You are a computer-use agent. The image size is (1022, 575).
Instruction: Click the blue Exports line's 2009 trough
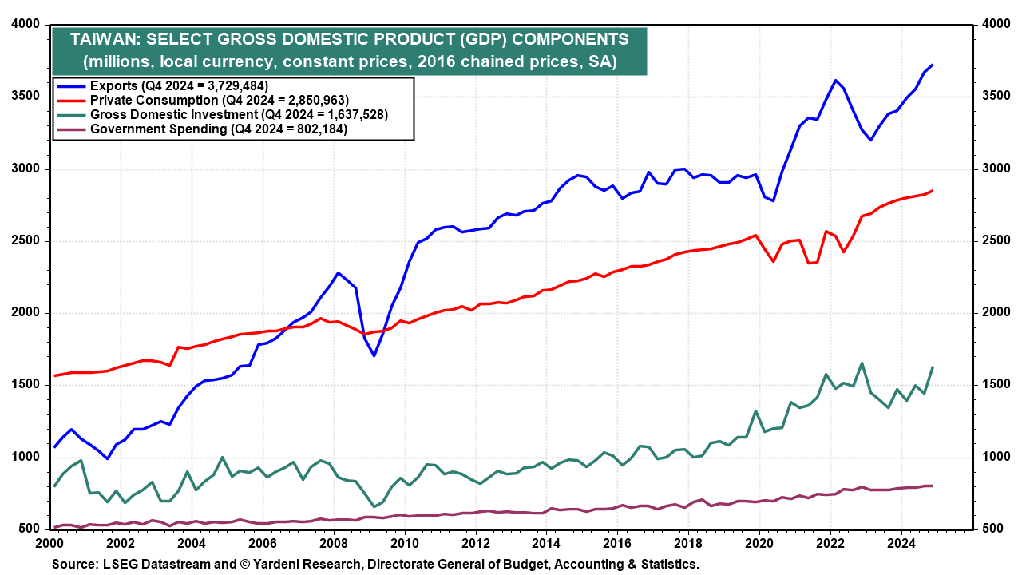[374, 355]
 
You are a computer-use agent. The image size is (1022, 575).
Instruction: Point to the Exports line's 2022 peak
[835, 80]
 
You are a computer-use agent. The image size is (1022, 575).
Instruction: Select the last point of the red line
[933, 190]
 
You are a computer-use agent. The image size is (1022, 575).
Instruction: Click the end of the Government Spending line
[933, 486]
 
